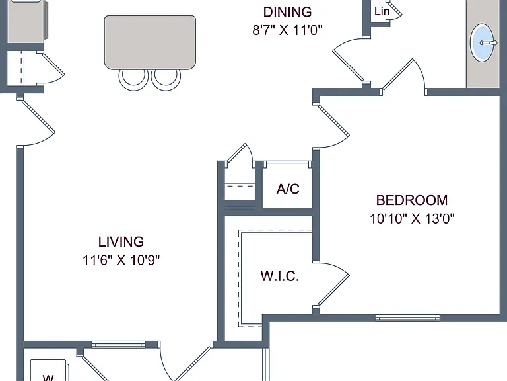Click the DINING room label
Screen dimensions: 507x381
pos(287,12)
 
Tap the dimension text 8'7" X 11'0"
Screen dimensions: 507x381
pos(287,30)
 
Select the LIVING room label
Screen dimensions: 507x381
pos(121,242)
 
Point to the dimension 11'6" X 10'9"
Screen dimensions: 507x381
pos(121,260)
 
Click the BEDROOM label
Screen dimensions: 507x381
pos(412,200)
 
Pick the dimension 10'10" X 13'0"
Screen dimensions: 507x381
pos(412,219)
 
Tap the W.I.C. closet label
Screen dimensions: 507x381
pos(280,276)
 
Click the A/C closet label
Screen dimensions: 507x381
pos(288,189)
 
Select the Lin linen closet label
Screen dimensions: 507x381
pos(382,11)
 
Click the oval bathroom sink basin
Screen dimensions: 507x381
pos(482,42)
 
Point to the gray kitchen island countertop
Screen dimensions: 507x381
pos(150,42)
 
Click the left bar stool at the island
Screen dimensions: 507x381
pos(133,79)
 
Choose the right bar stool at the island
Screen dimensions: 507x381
pos(166,79)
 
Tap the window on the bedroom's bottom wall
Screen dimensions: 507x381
pos(407,318)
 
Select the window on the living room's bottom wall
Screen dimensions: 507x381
pos(118,344)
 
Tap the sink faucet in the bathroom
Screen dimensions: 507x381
pos(488,43)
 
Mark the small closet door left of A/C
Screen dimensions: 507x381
pos(240,155)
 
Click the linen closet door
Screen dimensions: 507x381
pos(395,11)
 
